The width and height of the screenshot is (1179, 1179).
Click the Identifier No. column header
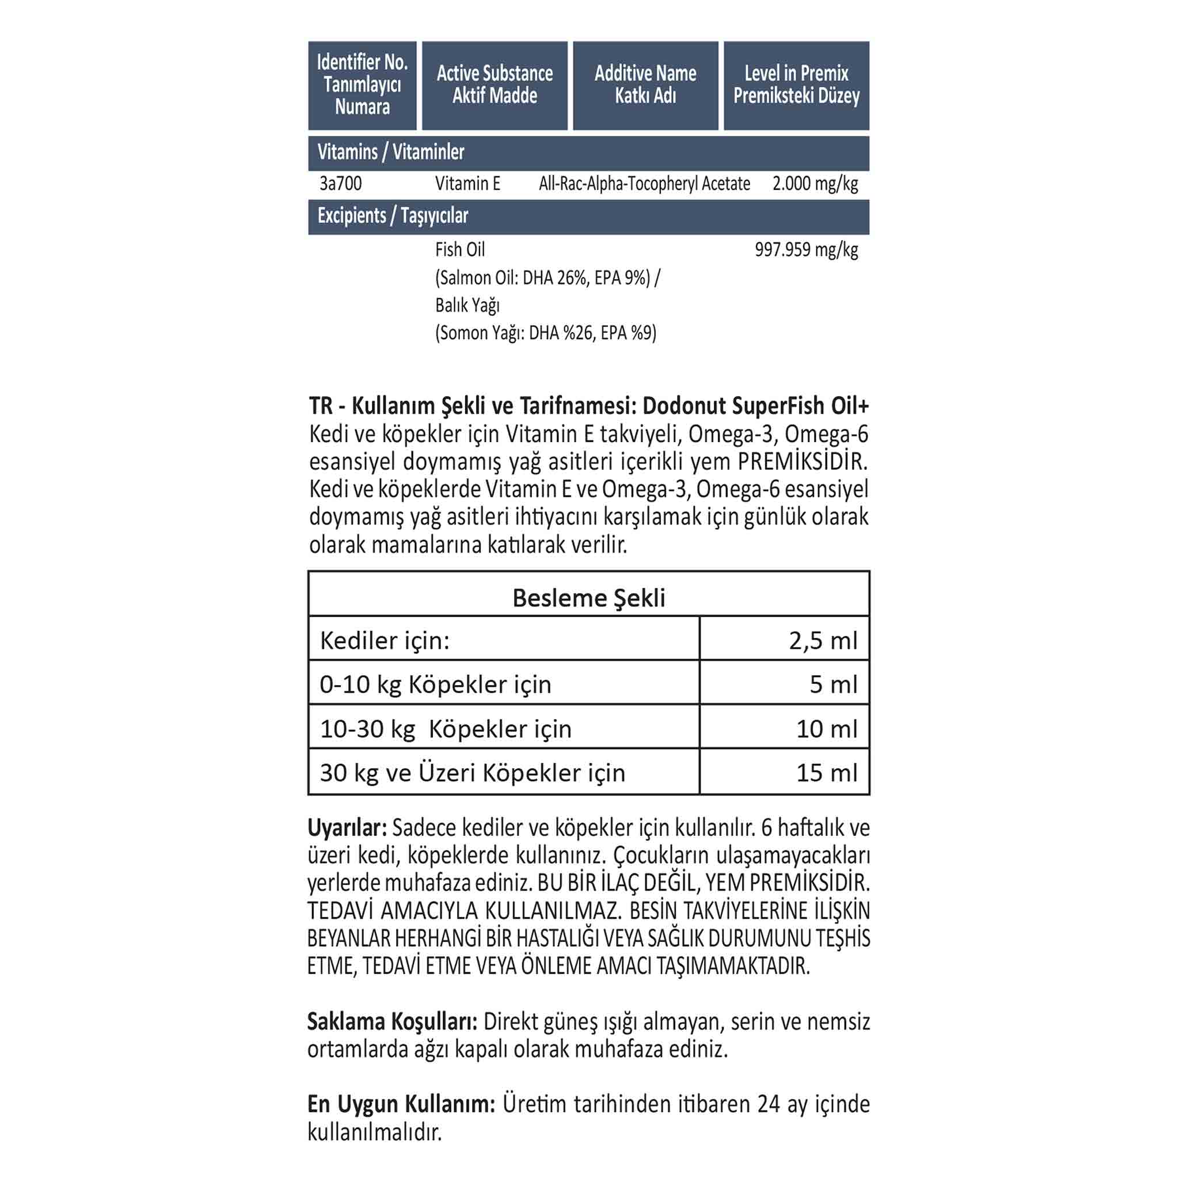point(362,85)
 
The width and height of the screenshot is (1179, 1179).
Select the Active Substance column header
point(495,85)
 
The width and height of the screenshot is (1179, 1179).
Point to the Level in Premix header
point(796,85)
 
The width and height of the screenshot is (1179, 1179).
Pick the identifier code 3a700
point(341,184)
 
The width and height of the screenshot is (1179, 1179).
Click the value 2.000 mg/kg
point(815,184)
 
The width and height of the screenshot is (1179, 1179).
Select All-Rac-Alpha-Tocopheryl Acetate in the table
point(644,184)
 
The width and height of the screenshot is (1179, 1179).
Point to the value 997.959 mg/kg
point(806,250)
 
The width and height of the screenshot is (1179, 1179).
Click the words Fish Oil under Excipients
point(460,250)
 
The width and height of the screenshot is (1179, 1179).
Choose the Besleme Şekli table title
point(589,598)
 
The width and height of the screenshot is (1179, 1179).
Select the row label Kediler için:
point(385,641)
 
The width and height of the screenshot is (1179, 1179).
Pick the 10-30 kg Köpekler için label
point(446,729)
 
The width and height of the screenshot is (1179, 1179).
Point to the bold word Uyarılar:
point(347,828)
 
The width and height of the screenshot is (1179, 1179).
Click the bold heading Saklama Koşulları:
point(393,1022)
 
